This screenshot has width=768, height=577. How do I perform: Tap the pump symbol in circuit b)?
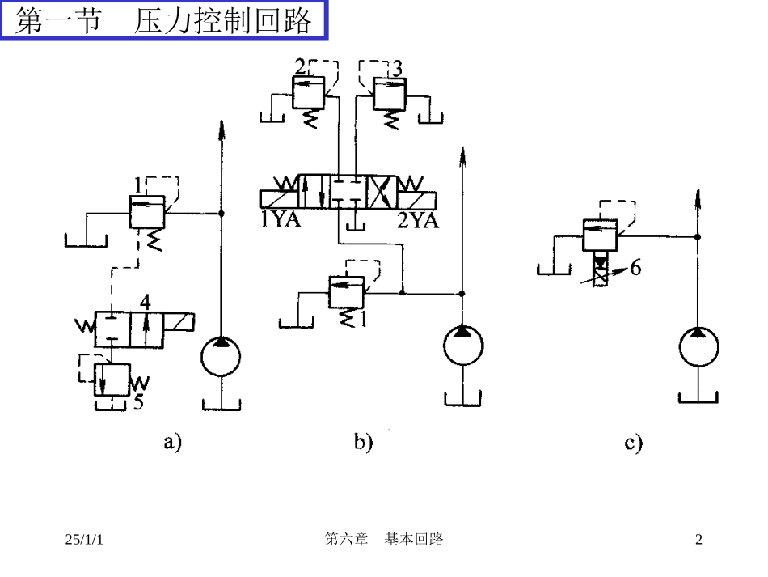(462, 347)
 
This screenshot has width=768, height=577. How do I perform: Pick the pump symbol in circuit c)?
(698, 347)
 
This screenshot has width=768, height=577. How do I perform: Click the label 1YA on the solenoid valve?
(280, 220)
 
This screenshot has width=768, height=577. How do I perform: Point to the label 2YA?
(417, 220)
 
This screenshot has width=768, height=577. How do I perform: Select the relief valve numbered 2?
(307, 96)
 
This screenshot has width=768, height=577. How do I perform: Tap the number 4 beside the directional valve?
(145, 303)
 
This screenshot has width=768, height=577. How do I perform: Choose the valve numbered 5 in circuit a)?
(112, 377)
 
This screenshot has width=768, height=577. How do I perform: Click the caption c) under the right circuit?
(633, 443)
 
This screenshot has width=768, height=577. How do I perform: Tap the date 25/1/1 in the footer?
(84, 540)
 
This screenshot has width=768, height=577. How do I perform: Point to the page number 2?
(699, 540)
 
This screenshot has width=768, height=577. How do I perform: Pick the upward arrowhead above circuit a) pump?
(221, 128)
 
